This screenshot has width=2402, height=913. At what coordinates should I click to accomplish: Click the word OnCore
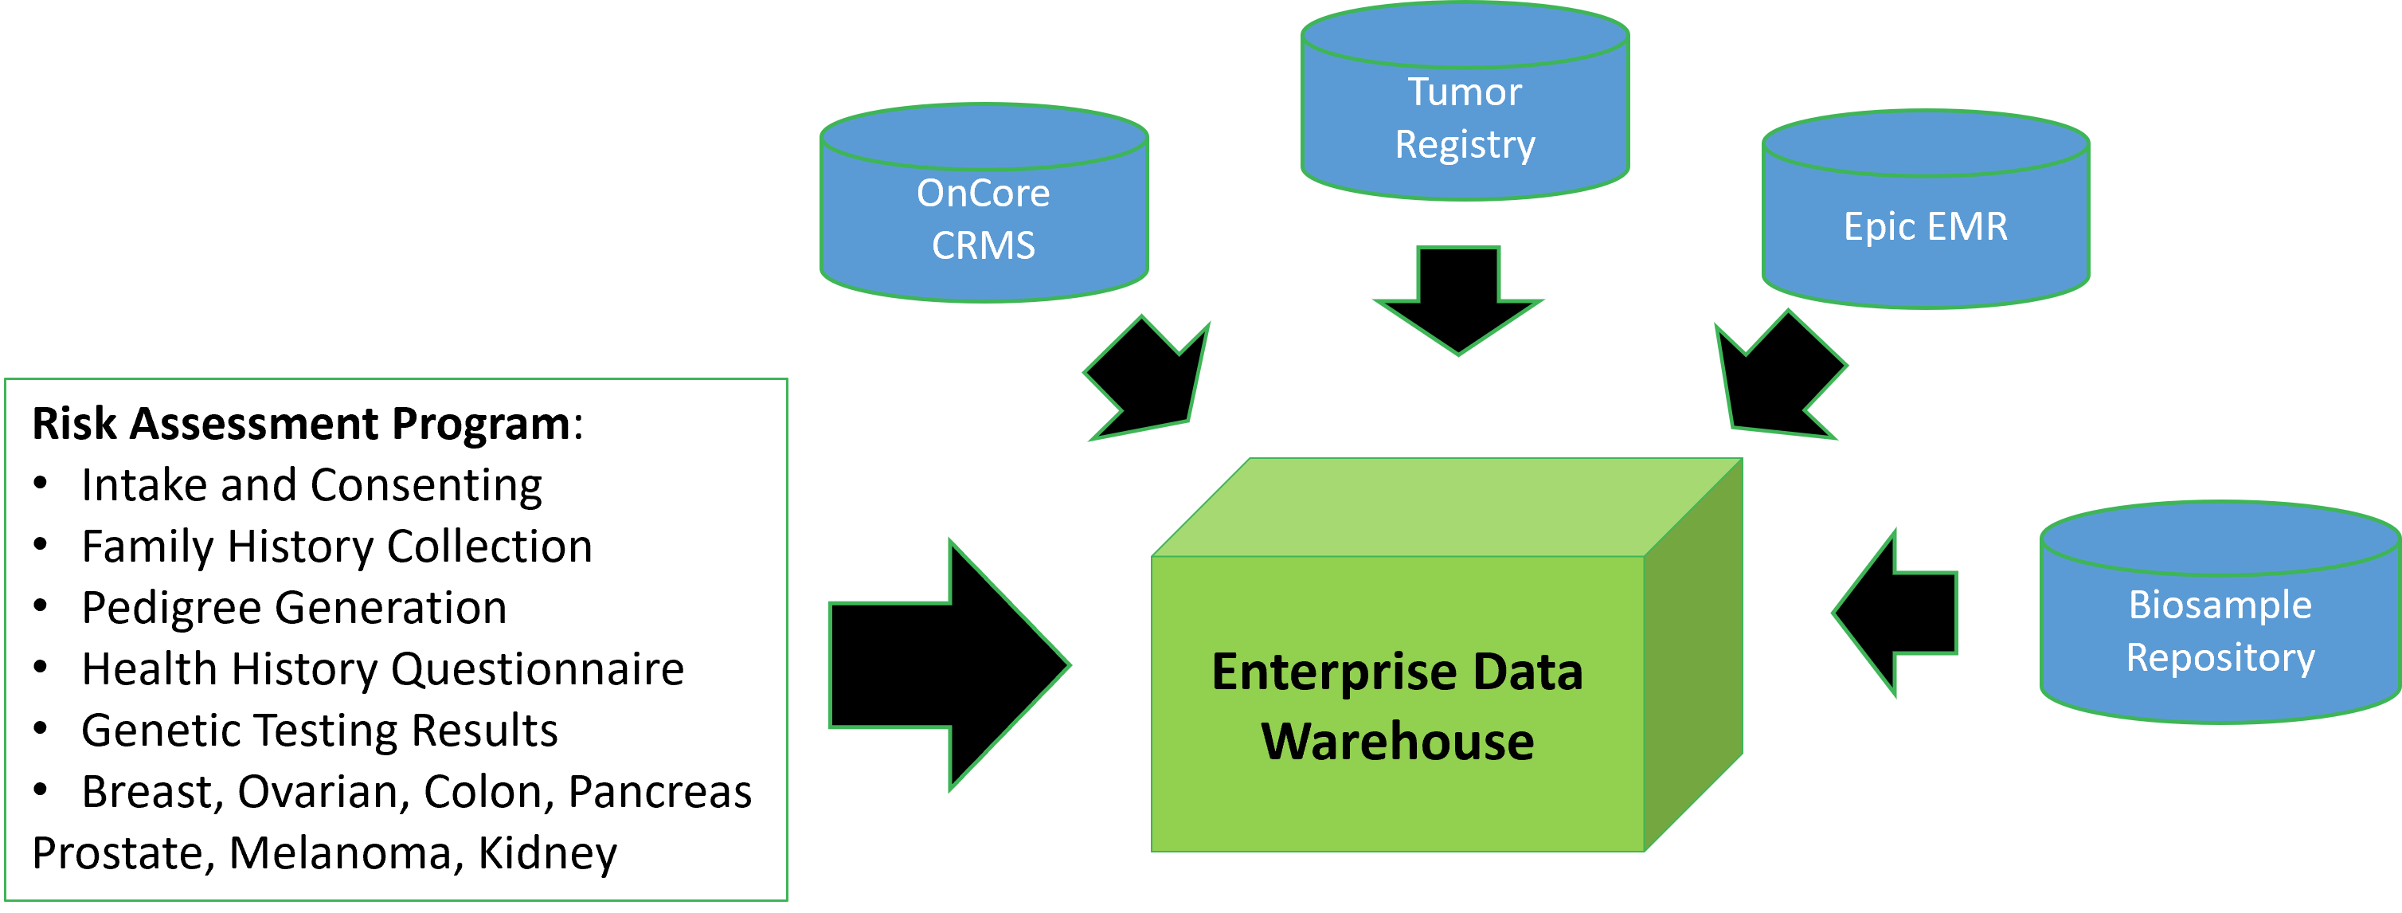(x=983, y=193)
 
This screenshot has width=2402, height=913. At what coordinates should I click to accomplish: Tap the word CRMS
(x=983, y=246)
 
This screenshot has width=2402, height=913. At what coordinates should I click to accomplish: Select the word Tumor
(x=1464, y=92)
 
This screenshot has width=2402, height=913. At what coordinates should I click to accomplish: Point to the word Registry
(x=1464, y=144)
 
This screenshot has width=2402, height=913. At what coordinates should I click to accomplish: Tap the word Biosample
(x=2220, y=605)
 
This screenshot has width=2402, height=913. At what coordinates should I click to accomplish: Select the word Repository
(x=2220, y=657)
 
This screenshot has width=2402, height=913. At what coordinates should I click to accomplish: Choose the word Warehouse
(x=1397, y=742)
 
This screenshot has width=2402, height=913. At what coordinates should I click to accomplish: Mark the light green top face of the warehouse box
(x=1446, y=508)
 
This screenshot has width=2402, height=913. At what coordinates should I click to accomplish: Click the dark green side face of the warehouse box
(x=1692, y=652)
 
